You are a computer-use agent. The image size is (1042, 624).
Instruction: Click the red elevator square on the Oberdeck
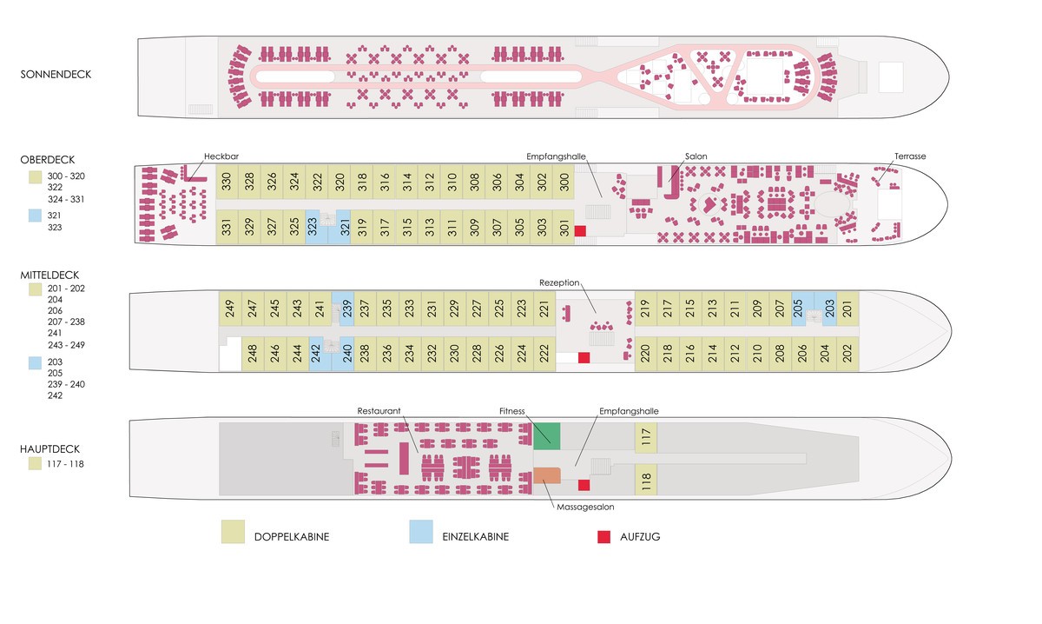click(x=580, y=230)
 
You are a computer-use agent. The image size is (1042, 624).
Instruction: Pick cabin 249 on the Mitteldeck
click(x=230, y=309)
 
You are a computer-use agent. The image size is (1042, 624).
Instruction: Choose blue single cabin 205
click(x=801, y=309)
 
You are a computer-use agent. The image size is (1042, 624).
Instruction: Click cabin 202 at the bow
click(x=847, y=353)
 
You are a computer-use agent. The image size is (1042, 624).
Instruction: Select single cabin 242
click(x=317, y=354)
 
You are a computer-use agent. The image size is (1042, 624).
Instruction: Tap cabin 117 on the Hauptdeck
click(x=645, y=437)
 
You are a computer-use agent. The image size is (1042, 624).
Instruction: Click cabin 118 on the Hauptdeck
click(x=645, y=480)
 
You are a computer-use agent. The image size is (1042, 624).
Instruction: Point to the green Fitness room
click(x=546, y=435)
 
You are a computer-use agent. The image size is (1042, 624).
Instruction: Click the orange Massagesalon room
click(x=546, y=475)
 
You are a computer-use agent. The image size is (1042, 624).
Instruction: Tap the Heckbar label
click(x=221, y=156)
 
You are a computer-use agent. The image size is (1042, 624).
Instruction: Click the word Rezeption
click(x=558, y=283)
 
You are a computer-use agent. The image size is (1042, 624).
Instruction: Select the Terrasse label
click(x=910, y=156)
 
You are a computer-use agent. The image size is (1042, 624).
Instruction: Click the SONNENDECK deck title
click(x=56, y=75)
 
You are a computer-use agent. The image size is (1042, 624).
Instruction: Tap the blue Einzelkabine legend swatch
click(x=422, y=533)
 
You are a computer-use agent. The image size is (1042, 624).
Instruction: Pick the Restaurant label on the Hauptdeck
click(x=379, y=410)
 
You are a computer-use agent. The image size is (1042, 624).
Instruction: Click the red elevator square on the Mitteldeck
click(x=584, y=357)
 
